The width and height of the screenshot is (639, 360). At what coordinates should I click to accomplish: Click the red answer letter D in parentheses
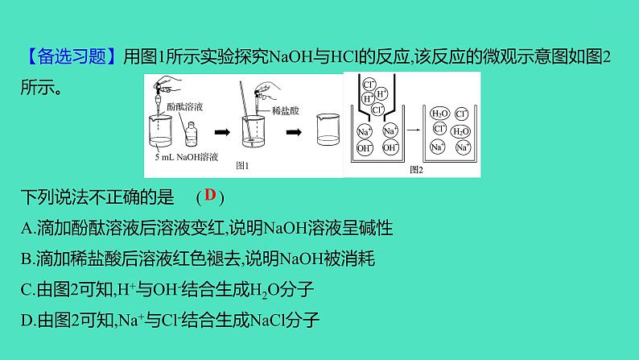pos(210,195)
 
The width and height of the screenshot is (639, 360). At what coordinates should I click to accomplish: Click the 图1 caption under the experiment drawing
pos(241,166)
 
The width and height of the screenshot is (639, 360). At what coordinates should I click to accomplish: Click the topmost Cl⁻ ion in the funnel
pos(369,84)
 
